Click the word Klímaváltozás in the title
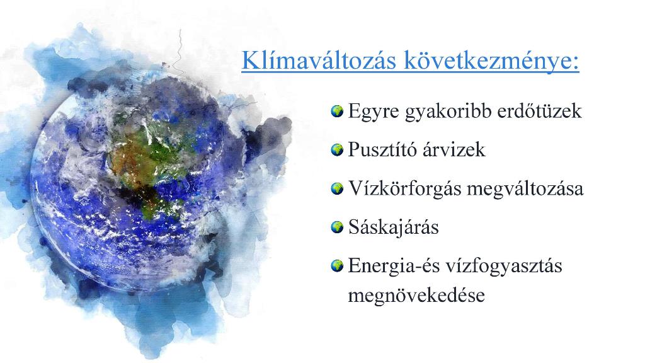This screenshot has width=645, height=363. coord(319,60)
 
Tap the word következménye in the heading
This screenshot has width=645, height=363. coord(491,61)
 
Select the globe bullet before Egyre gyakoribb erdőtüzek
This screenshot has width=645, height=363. coord(337,111)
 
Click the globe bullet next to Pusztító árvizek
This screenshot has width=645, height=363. coord(337,150)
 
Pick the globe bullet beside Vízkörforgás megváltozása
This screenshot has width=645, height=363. coord(337,188)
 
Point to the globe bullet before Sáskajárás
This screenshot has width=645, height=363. coord(337,227)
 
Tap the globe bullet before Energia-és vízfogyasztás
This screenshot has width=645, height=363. coord(337,265)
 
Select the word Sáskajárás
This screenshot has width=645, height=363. coord(394,228)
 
